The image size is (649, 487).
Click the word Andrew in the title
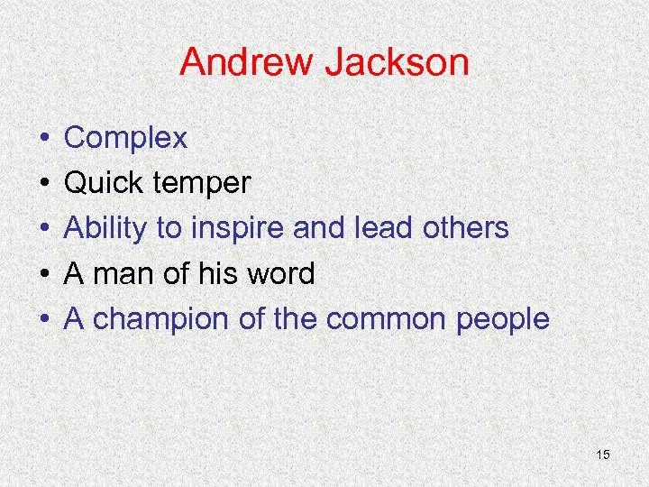point(245,63)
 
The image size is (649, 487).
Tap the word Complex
point(126,139)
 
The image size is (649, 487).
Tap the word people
point(501,319)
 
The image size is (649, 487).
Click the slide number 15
point(603,455)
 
